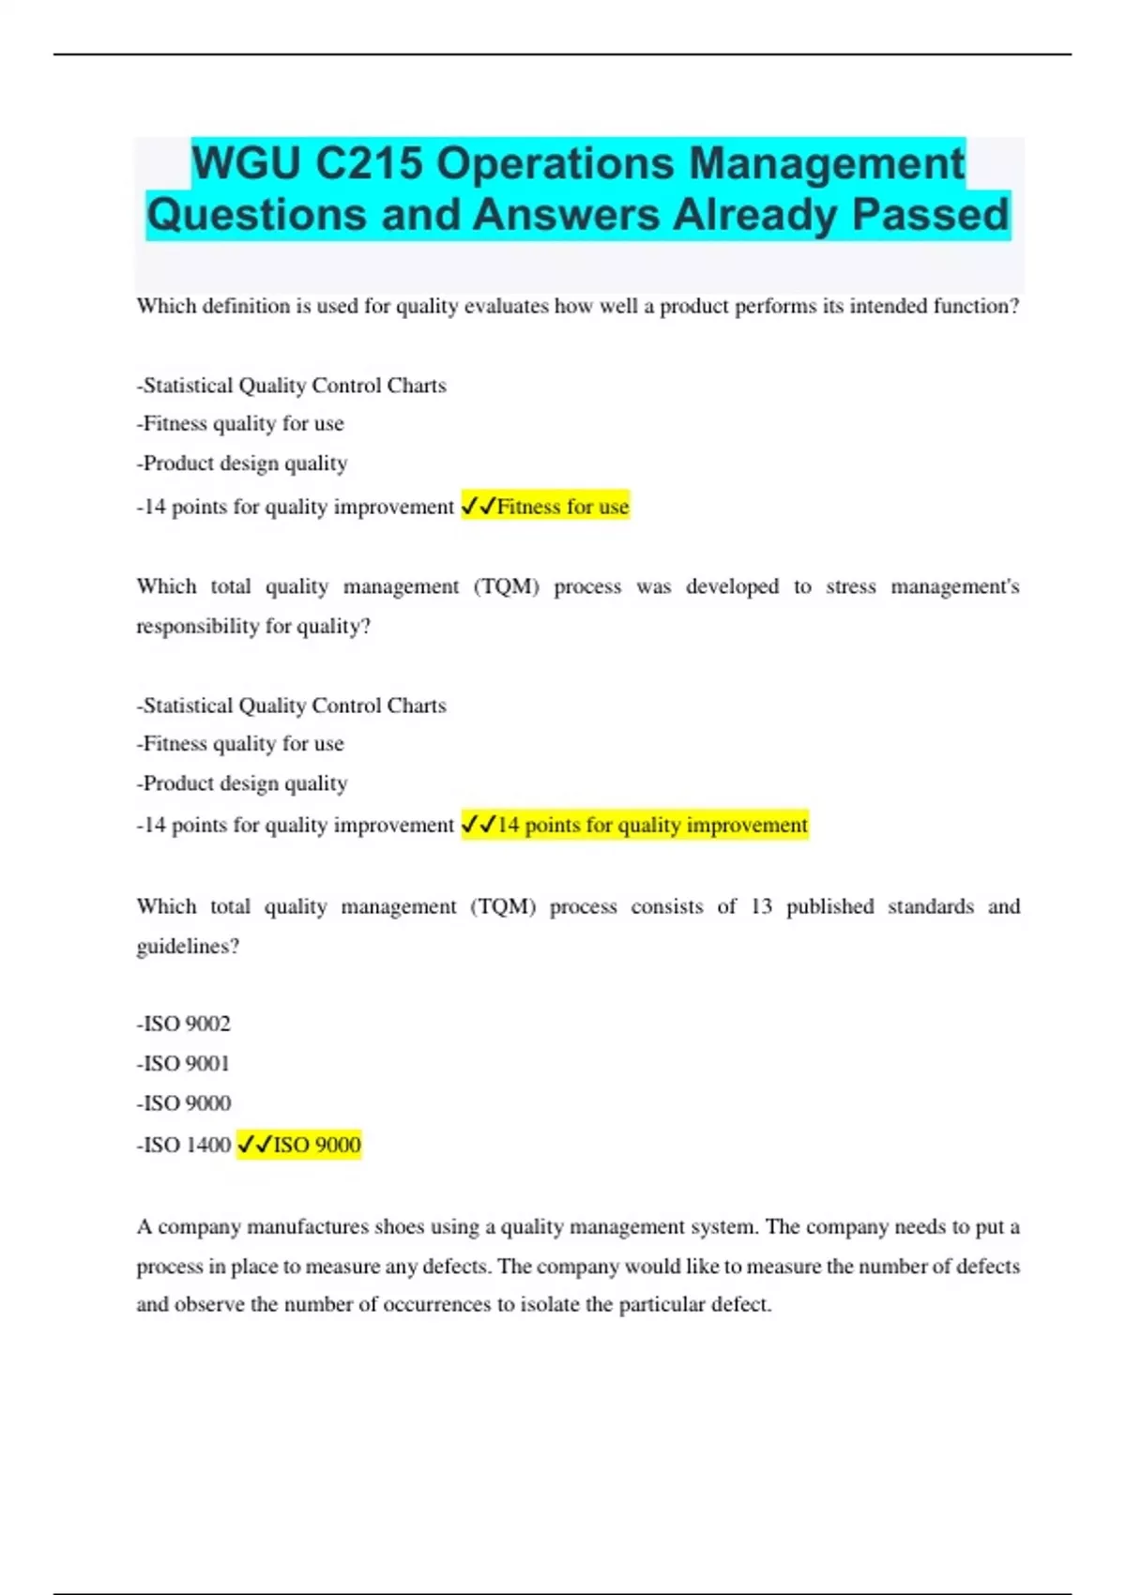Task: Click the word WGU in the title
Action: tap(247, 164)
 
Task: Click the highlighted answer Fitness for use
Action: tap(563, 507)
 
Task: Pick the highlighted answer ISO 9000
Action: tap(316, 1145)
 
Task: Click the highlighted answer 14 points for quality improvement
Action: tap(652, 825)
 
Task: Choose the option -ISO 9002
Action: tap(184, 1024)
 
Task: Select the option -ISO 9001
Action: tap(184, 1064)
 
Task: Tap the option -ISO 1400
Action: tap(184, 1145)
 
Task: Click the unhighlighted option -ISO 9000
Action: tap(184, 1103)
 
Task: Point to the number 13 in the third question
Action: tap(761, 906)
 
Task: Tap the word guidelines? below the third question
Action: tap(188, 947)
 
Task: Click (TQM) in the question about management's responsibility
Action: tap(507, 586)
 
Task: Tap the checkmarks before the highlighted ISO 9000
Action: tap(254, 1145)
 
